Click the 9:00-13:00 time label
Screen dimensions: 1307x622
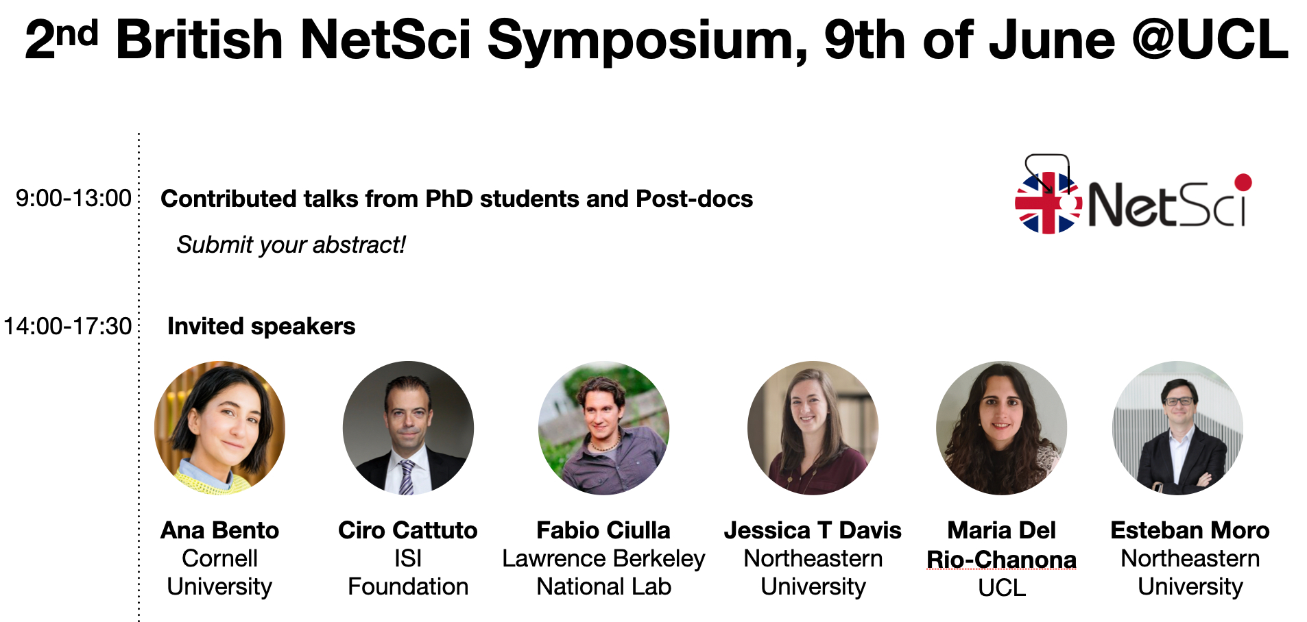click(73, 198)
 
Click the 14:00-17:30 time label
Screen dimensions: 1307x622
click(67, 326)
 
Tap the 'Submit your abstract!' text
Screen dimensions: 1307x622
click(291, 245)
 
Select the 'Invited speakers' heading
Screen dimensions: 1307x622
click(261, 326)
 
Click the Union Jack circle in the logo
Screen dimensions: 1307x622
click(1048, 203)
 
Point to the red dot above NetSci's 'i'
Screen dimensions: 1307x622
click(1243, 182)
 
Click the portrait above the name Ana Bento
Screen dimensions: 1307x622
click(220, 428)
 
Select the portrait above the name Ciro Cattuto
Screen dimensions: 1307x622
click(408, 428)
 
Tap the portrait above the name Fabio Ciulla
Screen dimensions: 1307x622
click(603, 428)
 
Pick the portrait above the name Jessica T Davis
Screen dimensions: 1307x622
click(813, 428)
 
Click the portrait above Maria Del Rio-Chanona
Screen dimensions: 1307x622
click(1001, 428)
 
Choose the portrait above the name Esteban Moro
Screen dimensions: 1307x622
click(1177, 428)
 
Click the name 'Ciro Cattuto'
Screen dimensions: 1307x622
click(408, 530)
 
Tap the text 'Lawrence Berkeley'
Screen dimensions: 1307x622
click(603, 559)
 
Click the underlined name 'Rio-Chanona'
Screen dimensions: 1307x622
click(1001, 560)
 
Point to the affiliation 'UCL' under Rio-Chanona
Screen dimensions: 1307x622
click(1002, 588)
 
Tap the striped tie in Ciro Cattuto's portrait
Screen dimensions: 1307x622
click(407, 477)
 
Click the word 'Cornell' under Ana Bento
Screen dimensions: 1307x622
click(219, 558)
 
